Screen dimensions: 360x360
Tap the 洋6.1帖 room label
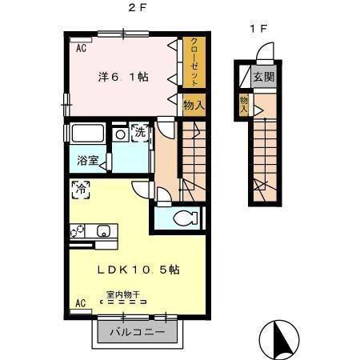tap(123, 78)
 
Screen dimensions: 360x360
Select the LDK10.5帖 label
tap(138, 270)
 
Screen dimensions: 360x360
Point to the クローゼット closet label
tap(194, 62)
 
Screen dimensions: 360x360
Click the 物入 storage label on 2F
tap(194, 106)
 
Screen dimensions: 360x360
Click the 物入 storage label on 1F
tap(244, 103)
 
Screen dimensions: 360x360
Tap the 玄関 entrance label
tap(263, 78)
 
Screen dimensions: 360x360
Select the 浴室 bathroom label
tap(88, 160)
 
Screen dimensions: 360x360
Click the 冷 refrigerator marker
tap(81, 190)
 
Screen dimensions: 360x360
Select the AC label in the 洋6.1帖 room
tap(80, 49)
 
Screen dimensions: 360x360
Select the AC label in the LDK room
tap(80, 302)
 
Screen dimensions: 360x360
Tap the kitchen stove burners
tap(78, 232)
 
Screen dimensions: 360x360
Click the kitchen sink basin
tap(103, 231)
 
